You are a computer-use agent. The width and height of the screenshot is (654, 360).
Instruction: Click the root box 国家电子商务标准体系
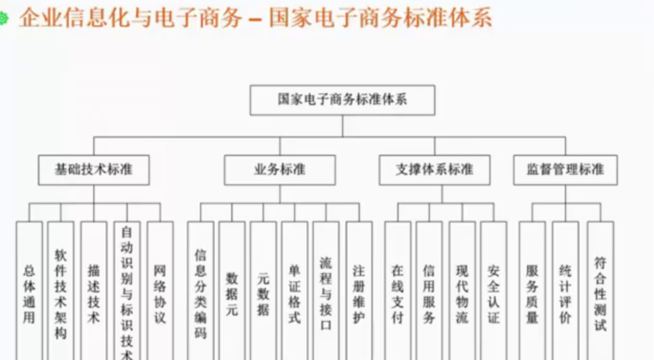[342, 100]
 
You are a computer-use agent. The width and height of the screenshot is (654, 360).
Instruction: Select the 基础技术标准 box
[94, 170]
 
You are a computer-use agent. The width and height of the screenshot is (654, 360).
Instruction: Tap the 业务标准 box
[280, 170]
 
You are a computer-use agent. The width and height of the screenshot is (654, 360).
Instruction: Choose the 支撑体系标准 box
[434, 170]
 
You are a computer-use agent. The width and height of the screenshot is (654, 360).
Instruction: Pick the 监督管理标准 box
[565, 170]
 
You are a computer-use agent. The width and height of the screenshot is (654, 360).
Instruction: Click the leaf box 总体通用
[29, 294]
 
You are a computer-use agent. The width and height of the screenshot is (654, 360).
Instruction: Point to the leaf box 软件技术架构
[61, 294]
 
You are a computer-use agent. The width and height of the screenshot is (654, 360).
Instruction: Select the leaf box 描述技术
[94, 294]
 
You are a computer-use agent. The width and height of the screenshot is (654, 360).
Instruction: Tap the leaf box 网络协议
[160, 294]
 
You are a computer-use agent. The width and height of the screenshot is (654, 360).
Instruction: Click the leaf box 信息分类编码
[201, 294]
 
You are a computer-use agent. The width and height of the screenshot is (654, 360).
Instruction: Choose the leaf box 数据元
[232, 294]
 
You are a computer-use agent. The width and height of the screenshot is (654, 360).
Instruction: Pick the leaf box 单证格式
[294, 294]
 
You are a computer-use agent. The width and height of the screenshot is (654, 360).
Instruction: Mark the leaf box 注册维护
[359, 294]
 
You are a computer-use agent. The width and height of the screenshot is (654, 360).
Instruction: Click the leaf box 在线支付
[398, 294]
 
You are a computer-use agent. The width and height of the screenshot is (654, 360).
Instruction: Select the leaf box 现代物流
[462, 294]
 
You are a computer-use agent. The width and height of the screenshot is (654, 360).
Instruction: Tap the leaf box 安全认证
[494, 294]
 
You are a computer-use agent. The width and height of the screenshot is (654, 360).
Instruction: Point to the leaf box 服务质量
[532, 294]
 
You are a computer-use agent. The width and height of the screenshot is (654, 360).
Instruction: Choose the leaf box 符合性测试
[600, 294]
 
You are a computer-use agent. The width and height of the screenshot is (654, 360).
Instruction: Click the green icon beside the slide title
[3, 18]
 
